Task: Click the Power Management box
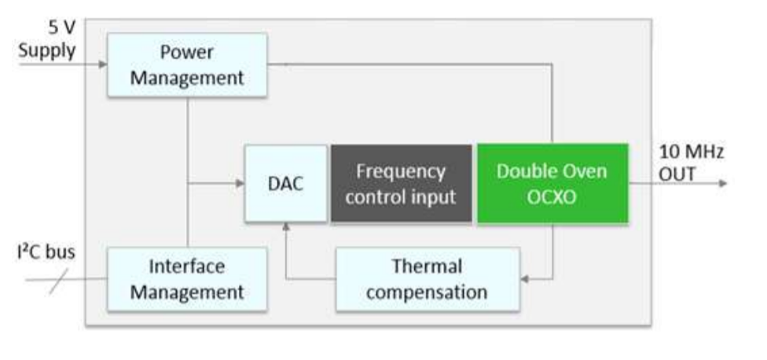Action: [x=187, y=65]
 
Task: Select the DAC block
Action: [x=285, y=183]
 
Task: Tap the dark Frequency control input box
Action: [x=401, y=183]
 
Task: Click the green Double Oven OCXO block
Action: [x=552, y=183]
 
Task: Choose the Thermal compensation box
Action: [x=427, y=279]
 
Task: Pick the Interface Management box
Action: [x=187, y=279]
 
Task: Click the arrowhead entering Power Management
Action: [x=102, y=64]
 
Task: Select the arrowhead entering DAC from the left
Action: [x=240, y=183]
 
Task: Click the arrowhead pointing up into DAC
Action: [x=285, y=226]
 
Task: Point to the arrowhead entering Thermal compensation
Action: [x=525, y=277]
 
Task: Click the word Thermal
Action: [x=427, y=266]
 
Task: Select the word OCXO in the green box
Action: [x=552, y=196]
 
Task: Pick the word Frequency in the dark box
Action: [x=401, y=171]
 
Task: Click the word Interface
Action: [x=187, y=266]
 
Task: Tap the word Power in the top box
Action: [x=187, y=53]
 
